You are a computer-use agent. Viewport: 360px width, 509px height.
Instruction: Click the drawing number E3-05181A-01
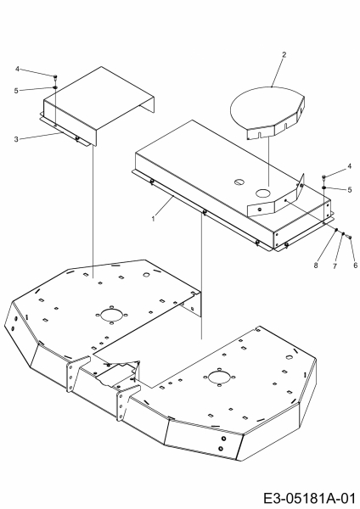308,498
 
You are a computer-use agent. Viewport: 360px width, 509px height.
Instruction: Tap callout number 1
154,219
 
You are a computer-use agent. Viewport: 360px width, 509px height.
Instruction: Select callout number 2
284,54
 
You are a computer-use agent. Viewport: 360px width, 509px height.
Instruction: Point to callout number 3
16,139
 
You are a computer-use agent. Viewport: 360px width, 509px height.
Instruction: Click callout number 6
355,266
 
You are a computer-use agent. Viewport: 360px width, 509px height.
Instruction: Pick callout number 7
335,266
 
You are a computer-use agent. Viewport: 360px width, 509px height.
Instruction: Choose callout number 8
316,266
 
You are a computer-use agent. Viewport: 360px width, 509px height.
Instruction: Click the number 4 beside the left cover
17,69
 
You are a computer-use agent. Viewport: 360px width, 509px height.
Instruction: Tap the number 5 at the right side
349,189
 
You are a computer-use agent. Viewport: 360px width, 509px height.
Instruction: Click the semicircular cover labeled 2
267,110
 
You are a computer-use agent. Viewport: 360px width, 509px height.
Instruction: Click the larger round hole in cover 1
263,193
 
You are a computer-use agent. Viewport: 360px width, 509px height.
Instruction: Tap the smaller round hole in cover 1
239,182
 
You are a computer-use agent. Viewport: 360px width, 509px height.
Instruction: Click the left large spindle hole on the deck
110,315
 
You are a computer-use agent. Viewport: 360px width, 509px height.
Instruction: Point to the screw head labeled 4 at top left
55,76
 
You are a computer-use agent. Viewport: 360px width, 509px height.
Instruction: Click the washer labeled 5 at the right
324,187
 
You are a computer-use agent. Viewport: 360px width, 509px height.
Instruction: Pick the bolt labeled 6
349,238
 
